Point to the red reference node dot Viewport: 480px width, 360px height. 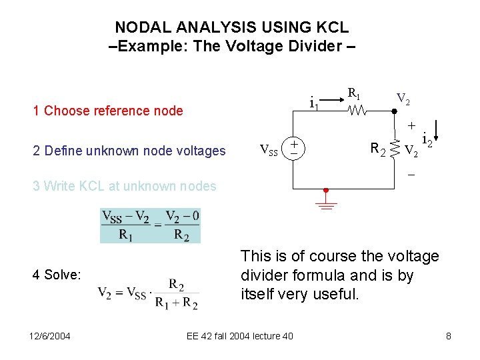tap(327, 191)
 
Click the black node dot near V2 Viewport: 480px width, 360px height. tap(395, 111)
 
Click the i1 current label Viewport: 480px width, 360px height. tap(314, 103)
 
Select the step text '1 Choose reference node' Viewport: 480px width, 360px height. tap(108, 111)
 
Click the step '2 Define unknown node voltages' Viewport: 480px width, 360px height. tap(129, 151)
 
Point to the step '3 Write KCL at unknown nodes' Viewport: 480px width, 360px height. tap(125, 186)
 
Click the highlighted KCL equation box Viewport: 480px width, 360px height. tap(150, 225)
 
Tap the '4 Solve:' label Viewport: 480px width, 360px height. tap(57, 275)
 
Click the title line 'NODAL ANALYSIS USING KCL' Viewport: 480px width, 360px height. tap(231, 27)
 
